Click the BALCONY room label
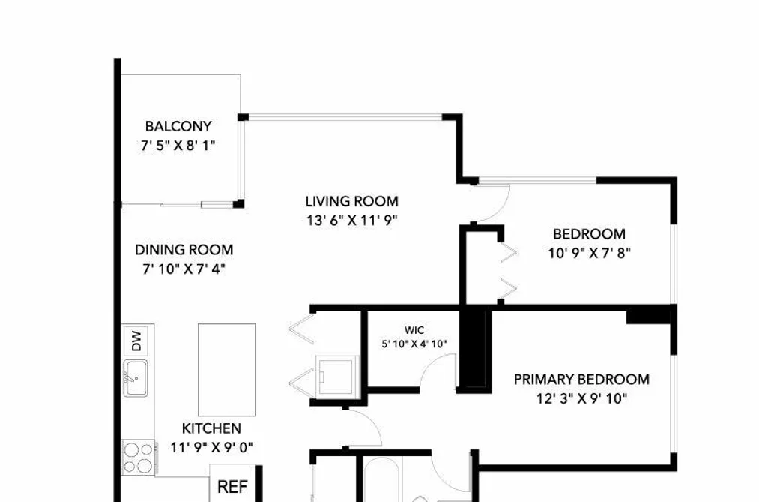(x=178, y=126)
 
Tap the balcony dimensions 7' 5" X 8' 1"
(x=178, y=145)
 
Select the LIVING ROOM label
(x=352, y=201)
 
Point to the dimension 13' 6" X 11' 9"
(x=352, y=221)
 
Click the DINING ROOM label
(x=184, y=250)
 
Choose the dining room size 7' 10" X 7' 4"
(x=184, y=269)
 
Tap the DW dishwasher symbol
(x=136, y=341)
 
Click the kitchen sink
(x=135, y=378)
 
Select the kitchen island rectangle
(x=227, y=370)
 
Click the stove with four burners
(x=139, y=458)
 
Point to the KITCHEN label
(x=211, y=428)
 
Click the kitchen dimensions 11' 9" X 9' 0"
(x=211, y=447)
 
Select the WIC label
(x=414, y=330)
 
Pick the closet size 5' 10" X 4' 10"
(x=414, y=344)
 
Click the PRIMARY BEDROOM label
(x=582, y=380)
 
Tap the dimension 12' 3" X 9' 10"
(x=582, y=398)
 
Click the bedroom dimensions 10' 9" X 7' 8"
(x=590, y=253)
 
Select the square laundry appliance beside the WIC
(x=337, y=375)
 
